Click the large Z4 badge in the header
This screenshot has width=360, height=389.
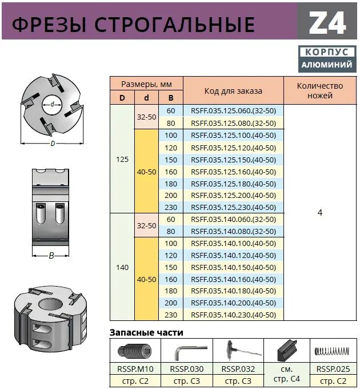[x=328, y=23]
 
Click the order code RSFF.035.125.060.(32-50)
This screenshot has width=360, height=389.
[x=233, y=111]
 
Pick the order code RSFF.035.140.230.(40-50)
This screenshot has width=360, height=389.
[x=233, y=315]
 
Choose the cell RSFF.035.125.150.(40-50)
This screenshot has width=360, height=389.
[x=233, y=160]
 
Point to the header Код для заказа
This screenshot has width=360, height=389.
[x=233, y=91]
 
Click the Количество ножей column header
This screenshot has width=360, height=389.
[x=320, y=91]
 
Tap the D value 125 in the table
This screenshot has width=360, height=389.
[x=122, y=160]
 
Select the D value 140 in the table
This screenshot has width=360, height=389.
[x=122, y=267]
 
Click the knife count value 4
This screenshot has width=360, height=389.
[x=320, y=213]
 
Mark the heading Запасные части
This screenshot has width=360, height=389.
[x=146, y=333]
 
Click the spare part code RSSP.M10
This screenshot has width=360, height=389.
[x=135, y=368]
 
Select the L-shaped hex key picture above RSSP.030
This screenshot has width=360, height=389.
[x=186, y=350]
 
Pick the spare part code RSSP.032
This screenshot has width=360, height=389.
[x=237, y=368]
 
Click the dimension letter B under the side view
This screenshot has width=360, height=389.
[x=51, y=256]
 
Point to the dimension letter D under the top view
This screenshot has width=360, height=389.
[x=52, y=144]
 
